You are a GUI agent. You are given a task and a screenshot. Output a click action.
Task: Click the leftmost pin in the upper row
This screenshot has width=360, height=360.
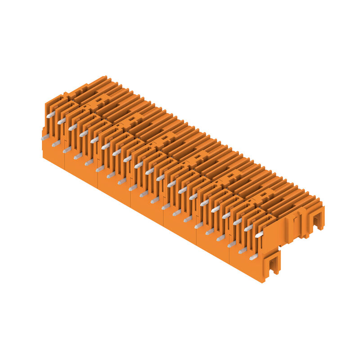50,115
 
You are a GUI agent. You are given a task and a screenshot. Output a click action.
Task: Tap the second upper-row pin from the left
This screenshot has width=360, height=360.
61,121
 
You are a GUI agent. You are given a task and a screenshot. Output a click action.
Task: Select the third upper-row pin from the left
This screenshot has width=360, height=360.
72,127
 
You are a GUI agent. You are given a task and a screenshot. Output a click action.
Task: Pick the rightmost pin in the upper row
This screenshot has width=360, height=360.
259,234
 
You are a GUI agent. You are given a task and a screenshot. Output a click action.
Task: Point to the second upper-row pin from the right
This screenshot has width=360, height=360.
248,228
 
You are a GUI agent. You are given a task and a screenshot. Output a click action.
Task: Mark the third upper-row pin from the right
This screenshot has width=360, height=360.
237,221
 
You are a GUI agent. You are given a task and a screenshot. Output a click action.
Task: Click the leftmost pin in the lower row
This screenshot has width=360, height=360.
45,138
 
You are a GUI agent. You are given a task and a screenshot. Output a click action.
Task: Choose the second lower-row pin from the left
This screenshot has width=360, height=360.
56,144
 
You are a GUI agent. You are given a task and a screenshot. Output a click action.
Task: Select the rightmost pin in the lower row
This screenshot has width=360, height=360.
254,256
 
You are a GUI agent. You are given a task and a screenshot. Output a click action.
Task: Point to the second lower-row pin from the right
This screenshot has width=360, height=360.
243,250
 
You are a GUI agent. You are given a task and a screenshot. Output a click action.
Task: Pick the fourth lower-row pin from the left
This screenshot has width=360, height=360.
78,156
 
